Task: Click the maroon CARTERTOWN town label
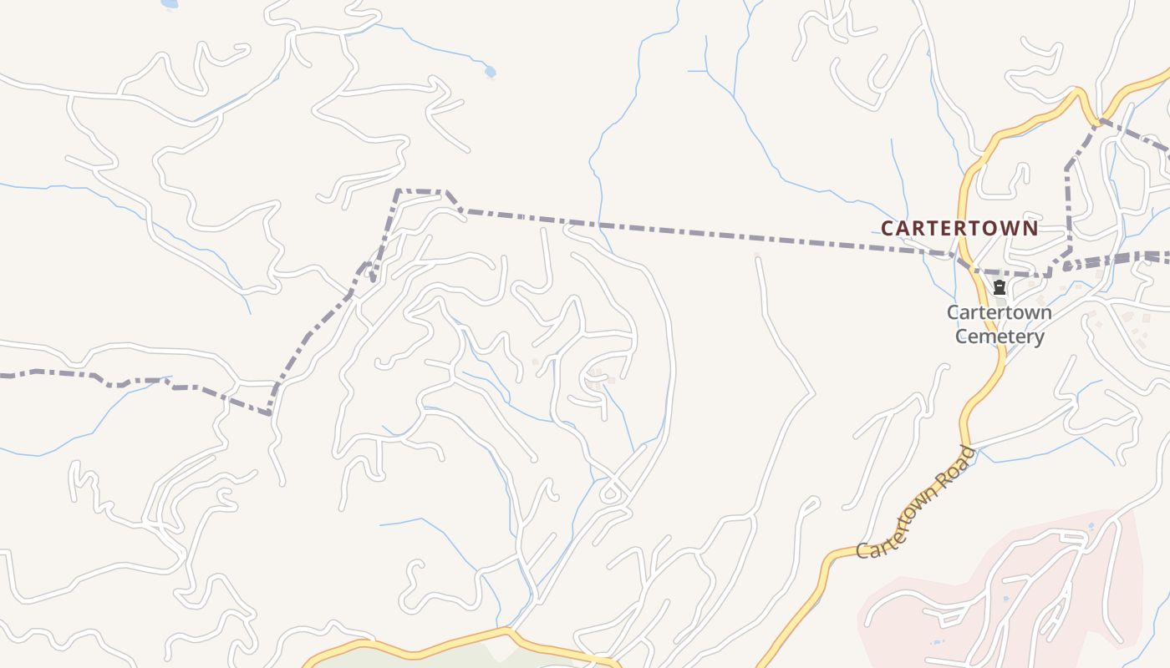tap(959, 228)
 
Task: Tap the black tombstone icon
tap(999, 288)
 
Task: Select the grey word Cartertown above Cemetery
tap(1000, 312)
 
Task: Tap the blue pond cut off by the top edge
tap(169, 3)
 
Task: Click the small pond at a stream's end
tap(490, 72)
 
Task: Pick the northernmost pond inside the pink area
tap(1091, 526)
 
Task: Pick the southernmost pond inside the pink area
tap(934, 641)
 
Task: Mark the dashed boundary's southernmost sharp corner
tap(269, 413)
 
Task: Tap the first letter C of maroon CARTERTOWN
tap(888, 228)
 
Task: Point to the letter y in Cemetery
tap(1039, 338)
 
